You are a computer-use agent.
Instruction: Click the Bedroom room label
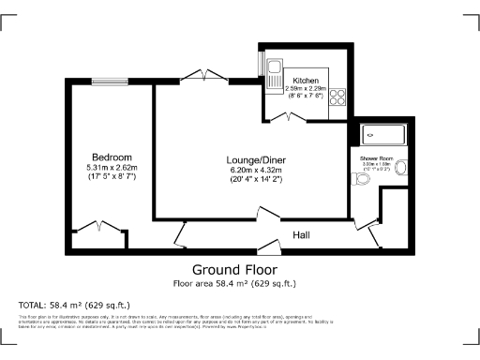(x=112, y=157)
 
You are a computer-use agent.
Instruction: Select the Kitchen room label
(x=306, y=81)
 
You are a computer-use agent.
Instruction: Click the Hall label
(x=302, y=234)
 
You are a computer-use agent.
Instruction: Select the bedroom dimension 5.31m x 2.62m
(x=112, y=167)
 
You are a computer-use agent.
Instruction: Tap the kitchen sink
(x=276, y=72)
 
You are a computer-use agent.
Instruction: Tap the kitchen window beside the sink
(x=262, y=63)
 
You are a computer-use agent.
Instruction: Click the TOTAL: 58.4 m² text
(x=74, y=306)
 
